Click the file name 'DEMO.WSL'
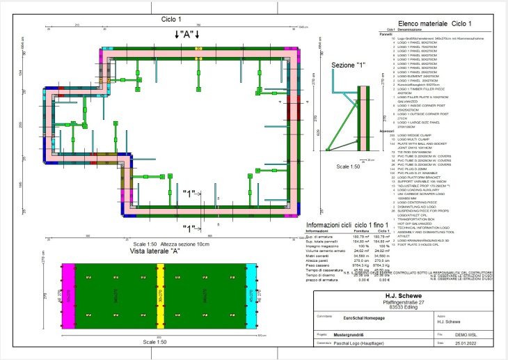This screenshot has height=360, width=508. coord(465,334)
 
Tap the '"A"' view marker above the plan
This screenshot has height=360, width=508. coord(186,34)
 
